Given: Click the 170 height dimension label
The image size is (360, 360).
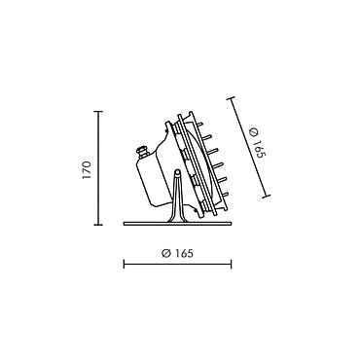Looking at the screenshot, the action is pyautogui.click(x=87, y=169).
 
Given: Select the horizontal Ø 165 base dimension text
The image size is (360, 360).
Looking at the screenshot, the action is pyautogui.click(x=177, y=253).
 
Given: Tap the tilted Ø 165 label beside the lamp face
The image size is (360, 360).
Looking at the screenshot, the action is pyautogui.click(x=258, y=143).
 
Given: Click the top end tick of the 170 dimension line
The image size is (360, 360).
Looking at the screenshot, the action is pyautogui.click(x=98, y=111).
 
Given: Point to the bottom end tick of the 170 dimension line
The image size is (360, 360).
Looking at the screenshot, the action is pyautogui.click(x=98, y=225).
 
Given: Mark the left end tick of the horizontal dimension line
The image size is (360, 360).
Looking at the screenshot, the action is pyautogui.click(x=124, y=264).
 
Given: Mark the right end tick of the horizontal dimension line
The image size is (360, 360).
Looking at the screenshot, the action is pyautogui.click(x=231, y=264).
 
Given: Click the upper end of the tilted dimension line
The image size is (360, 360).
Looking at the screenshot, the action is pyautogui.click(x=231, y=98).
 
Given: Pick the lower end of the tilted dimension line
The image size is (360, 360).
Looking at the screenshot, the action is pyautogui.click(x=267, y=196).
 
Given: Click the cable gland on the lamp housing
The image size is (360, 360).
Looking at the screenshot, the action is pyautogui.click(x=142, y=152).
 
